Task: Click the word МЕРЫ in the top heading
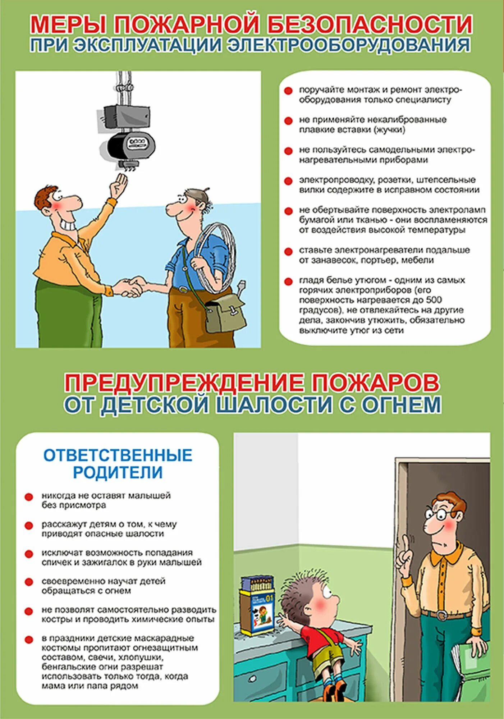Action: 68,24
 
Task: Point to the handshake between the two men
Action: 129,286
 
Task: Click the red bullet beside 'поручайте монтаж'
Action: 288,91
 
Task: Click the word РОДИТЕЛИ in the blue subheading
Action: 118,472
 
